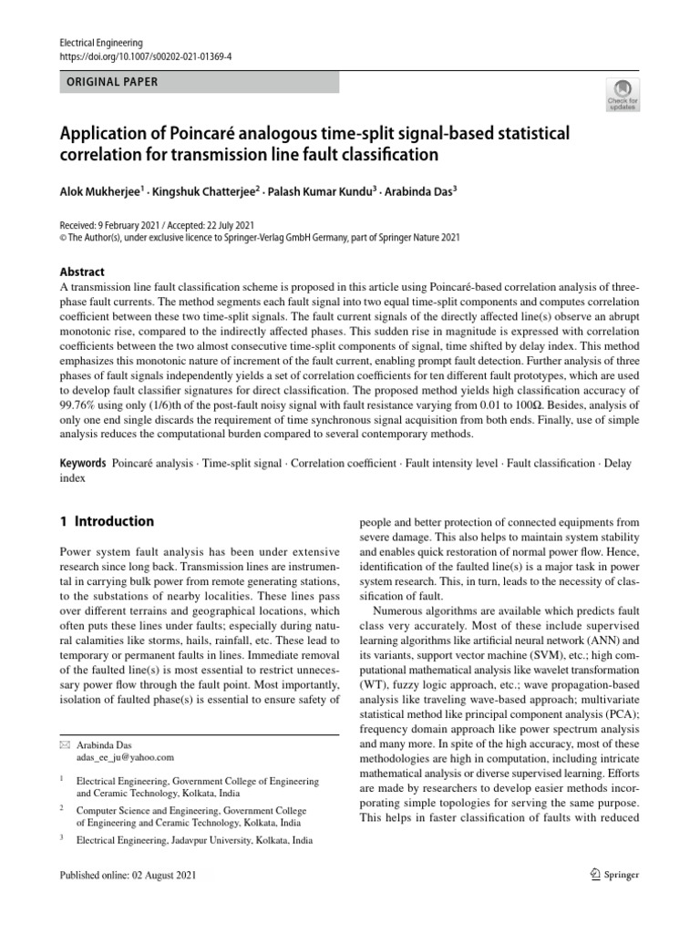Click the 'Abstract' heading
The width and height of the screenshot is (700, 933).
click(82, 272)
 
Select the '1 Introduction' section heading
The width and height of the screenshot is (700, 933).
click(107, 522)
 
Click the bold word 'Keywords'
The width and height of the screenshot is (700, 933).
click(84, 464)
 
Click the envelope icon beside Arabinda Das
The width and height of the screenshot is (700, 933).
click(64, 744)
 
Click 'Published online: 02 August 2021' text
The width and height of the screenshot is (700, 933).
click(127, 875)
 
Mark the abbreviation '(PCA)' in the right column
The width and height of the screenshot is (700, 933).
click(620, 717)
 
